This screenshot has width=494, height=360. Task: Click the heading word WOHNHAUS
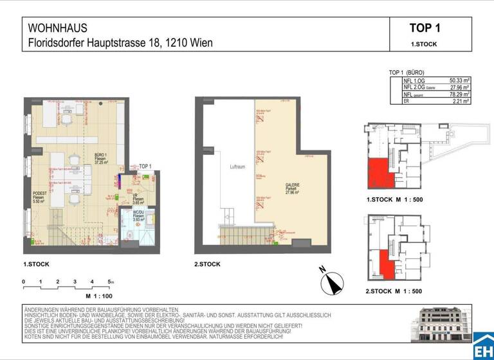point(57,28)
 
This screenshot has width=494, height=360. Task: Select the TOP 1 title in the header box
point(425,28)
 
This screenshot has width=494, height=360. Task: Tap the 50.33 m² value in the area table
point(459,80)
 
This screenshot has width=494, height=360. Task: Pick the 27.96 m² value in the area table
point(459,87)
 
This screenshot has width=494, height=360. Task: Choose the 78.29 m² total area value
point(459,94)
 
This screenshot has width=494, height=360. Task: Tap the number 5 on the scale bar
point(110,282)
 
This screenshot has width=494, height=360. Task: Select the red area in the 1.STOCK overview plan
point(379,172)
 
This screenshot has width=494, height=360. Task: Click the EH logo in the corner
point(483,348)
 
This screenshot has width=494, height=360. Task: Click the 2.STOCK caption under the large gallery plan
point(206,264)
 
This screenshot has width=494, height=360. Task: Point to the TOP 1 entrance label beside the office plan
point(145,166)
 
